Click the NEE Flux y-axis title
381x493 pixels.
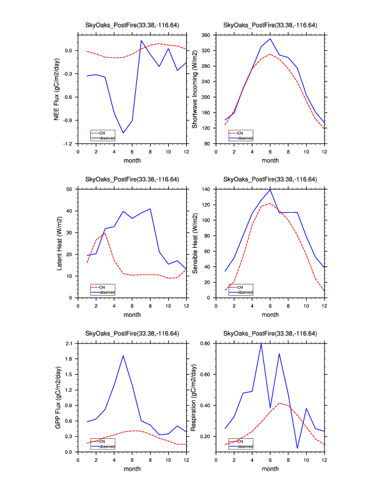coord(57,89)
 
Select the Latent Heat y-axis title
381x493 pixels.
coord(60,243)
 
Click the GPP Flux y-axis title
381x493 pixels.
coord(57,397)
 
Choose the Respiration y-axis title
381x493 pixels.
coord(194,397)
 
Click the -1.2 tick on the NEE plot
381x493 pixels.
coord(68,144)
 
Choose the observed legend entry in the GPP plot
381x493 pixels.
coord(108,446)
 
